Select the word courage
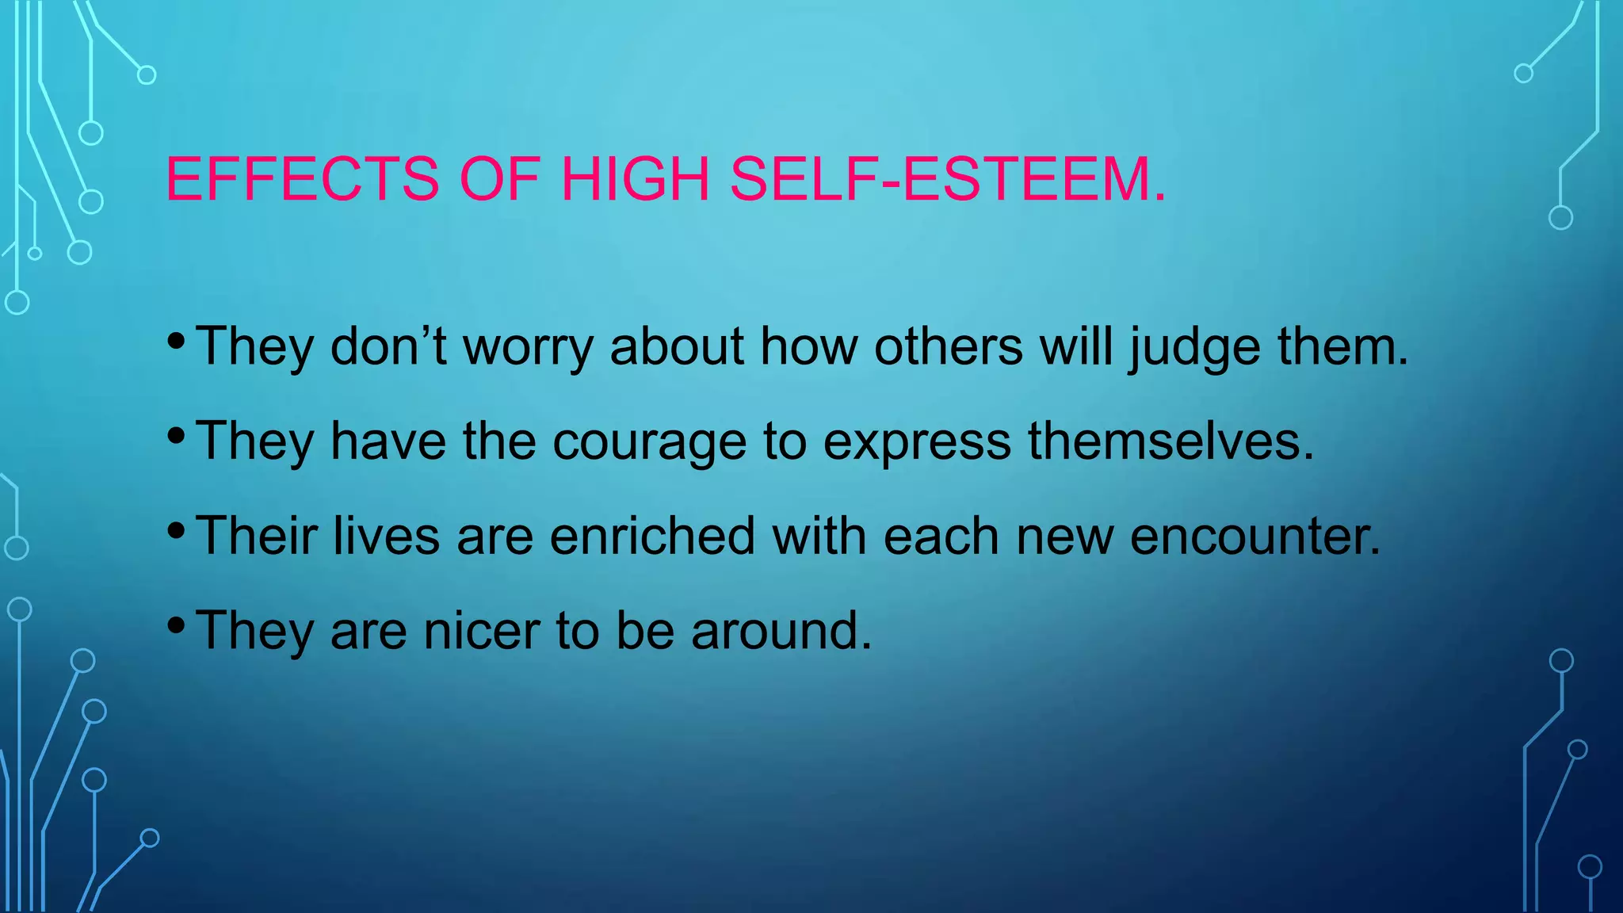click(649, 441)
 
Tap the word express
click(917, 441)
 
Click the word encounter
click(1254, 537)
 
